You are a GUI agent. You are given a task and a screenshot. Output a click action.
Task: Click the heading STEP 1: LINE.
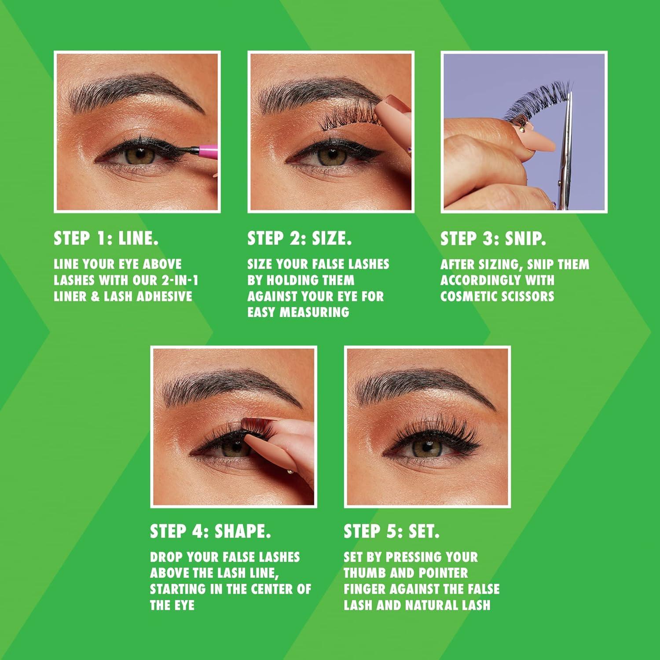click(106, 238)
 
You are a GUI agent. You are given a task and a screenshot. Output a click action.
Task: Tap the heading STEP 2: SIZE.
click(299, 238)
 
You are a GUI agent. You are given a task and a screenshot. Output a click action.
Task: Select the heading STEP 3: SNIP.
click(493, 238)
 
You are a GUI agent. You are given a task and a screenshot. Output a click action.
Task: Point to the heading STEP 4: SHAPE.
click(210, 532)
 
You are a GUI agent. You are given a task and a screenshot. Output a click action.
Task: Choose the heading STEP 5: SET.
click(392, 532)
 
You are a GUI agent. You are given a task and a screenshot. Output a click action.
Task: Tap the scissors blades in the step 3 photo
click(567, 145)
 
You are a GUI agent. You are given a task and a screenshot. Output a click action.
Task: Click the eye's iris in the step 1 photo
click(139, 155)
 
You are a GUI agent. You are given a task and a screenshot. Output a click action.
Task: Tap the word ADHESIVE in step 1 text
click(165, 296)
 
